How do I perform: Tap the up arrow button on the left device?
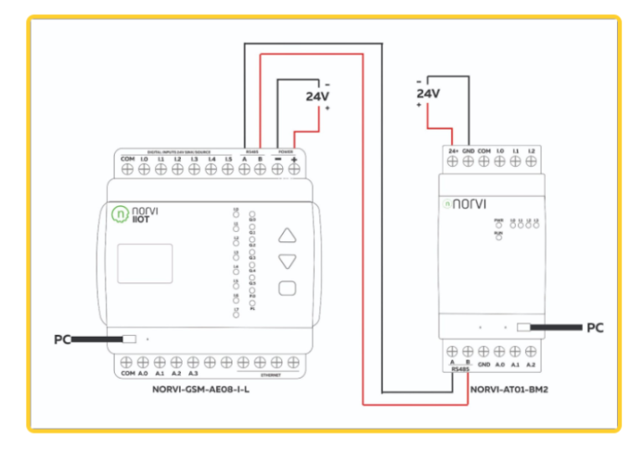pos(287,235)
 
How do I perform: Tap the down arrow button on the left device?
pos(287,261)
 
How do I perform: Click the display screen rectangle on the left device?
pos(143,263)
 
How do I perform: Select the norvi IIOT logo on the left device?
pos(136,215)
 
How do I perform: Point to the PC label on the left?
pos(61,339)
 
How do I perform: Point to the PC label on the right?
pos(595,328)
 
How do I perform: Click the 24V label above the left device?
pos(317,96)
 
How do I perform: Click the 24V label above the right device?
pos(428,94)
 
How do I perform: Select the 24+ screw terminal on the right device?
pos(452,161)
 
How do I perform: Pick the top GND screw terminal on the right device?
pos(468,161)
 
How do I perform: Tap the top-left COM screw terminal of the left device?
pos(127,169)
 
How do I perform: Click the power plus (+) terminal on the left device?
pos(294,169)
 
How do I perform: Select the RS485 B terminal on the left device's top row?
pos(260,169)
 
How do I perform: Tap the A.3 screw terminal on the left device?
pos(194,362)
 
